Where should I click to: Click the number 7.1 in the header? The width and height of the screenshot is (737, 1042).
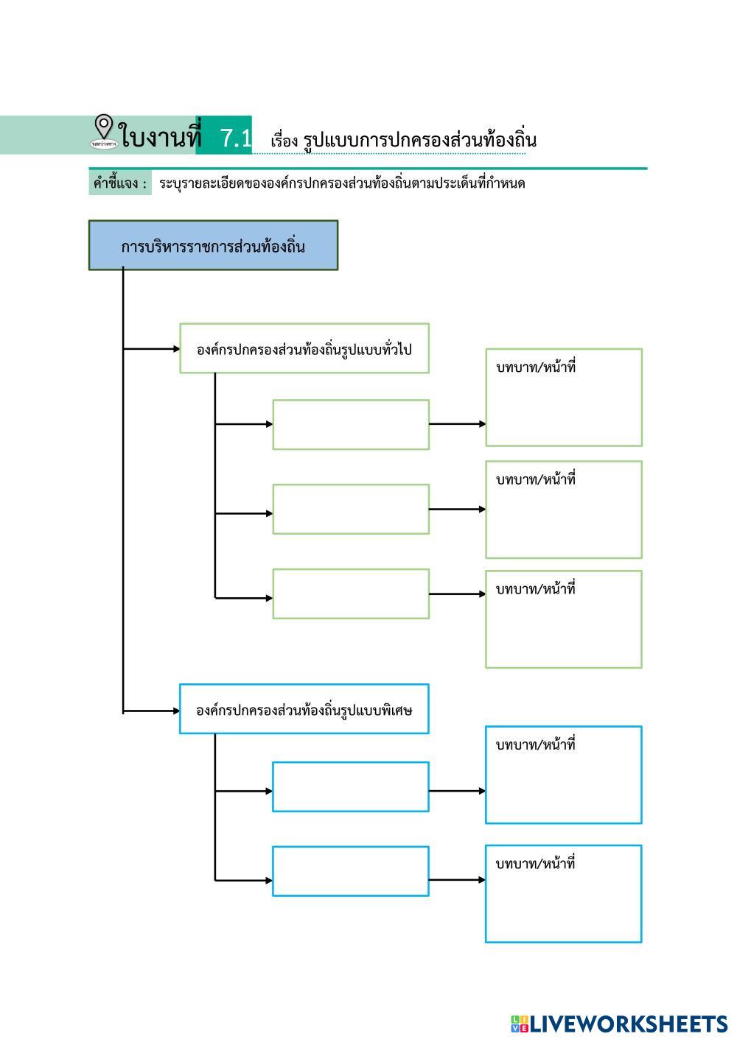pos(236,138)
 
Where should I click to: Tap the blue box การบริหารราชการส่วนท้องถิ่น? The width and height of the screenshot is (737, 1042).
pos(213,246)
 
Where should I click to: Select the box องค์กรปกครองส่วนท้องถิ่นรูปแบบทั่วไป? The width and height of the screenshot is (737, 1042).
pos(304,349)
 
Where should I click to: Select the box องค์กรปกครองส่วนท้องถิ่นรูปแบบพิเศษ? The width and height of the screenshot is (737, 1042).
pos(304,710)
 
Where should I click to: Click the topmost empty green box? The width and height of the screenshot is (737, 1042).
pos(351,425)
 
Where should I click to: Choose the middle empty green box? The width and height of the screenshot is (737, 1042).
pos(351,510)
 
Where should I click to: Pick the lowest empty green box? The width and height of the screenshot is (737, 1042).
pos(351,594)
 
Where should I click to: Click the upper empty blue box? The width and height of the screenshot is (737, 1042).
pos(350,787)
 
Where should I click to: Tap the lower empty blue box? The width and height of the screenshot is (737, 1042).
pos(350,871)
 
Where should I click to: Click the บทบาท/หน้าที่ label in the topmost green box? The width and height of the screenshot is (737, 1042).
pos(536,367)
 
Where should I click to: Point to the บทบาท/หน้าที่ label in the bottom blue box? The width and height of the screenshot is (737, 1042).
pos(536,863)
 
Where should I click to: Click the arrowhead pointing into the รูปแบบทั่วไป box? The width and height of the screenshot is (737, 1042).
pos(176,349)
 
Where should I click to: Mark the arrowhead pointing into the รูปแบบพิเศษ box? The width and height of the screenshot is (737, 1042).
pos(176,711)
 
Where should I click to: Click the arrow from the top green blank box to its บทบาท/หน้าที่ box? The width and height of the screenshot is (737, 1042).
pos(457,424)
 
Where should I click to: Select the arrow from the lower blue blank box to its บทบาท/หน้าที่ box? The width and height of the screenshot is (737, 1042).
pos(457,879)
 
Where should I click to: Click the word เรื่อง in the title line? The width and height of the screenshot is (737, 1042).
pos(283,140)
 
